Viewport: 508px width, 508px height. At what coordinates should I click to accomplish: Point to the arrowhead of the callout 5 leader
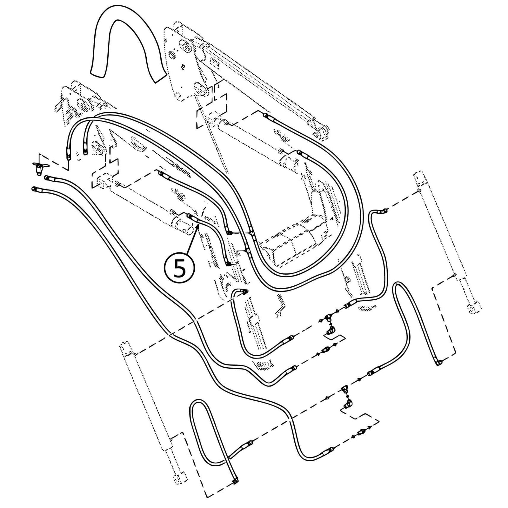coord(198,224)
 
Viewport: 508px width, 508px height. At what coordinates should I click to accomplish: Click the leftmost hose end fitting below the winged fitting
coord(33,189)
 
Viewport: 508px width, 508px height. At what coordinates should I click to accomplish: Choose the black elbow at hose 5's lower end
coord(228,264)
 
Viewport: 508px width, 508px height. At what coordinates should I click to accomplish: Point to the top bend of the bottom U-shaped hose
coord(198,403)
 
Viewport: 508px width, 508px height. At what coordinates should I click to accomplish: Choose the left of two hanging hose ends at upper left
coord(68,156)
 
